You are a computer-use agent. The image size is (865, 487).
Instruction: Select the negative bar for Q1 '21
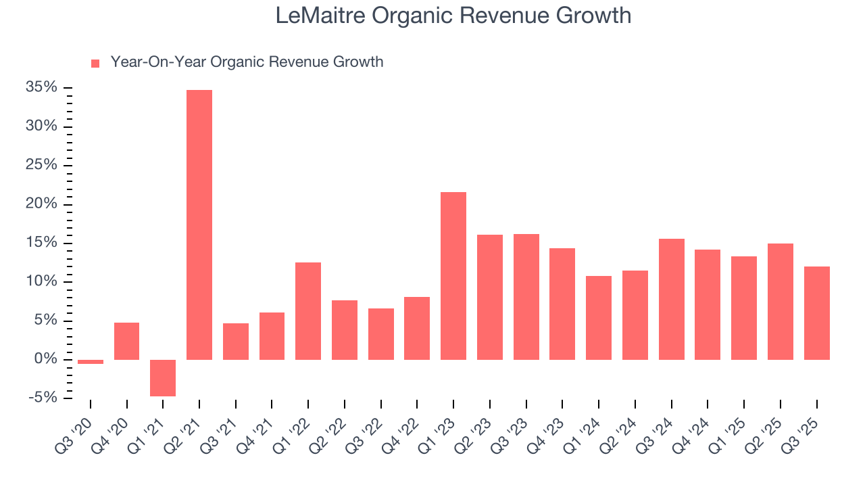pos(163,377)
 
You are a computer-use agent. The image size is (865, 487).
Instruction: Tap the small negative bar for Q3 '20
pos(91,362)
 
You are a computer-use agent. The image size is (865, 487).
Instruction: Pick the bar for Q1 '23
pos(453,275)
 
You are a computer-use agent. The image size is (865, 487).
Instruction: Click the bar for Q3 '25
pos(816,312)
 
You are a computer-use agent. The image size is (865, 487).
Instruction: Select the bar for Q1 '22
pos(308,310)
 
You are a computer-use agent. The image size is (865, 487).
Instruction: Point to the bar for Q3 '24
pos(671,299)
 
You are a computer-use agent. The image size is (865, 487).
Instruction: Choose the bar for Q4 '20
pos(126,341)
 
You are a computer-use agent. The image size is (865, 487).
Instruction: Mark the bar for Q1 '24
pos(599,317)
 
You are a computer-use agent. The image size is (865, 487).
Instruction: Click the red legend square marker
pos(95,63)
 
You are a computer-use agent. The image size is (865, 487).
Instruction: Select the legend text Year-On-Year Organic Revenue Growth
pos(247,62)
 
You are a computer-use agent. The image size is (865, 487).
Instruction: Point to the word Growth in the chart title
pos(593,16)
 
